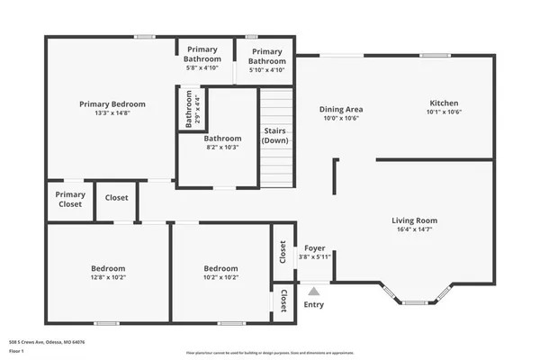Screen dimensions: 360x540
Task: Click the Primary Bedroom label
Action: pyautogui.click(x=112, y=104)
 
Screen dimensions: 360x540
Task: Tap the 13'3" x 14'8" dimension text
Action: pyautogui.click(x=112, y=113)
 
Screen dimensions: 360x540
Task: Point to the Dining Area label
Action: pyautogui.click(x=340, y=109)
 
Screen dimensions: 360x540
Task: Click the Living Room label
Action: pyautogui.click(x=414, y=220)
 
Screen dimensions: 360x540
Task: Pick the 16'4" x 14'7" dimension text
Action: pyautogui.click(x=414, y=229)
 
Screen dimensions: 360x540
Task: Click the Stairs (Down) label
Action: pyautogui.click(x=275, y=136)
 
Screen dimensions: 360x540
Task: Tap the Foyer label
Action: pyautogui.click(x=315, y=248)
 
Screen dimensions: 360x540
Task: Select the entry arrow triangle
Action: pyautogui.click(x=313, y=291)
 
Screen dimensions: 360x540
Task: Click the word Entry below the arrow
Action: pyautogui.click(x=313, y=305)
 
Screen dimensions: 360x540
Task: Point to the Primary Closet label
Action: pyautogui.click(x=70, y=199)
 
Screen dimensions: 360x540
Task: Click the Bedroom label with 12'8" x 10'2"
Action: pyautogui.click(x=108, y=268)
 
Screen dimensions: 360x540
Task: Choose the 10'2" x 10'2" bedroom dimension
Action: pyautogui.click(x=220, y=277)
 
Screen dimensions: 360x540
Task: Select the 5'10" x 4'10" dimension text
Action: pyautogui.click(x=266, y=69)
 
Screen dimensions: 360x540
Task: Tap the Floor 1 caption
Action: pyautogui.click(x=16, y=351)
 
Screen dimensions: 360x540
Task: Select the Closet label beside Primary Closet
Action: pyautogui.click(x=116, y=198)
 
